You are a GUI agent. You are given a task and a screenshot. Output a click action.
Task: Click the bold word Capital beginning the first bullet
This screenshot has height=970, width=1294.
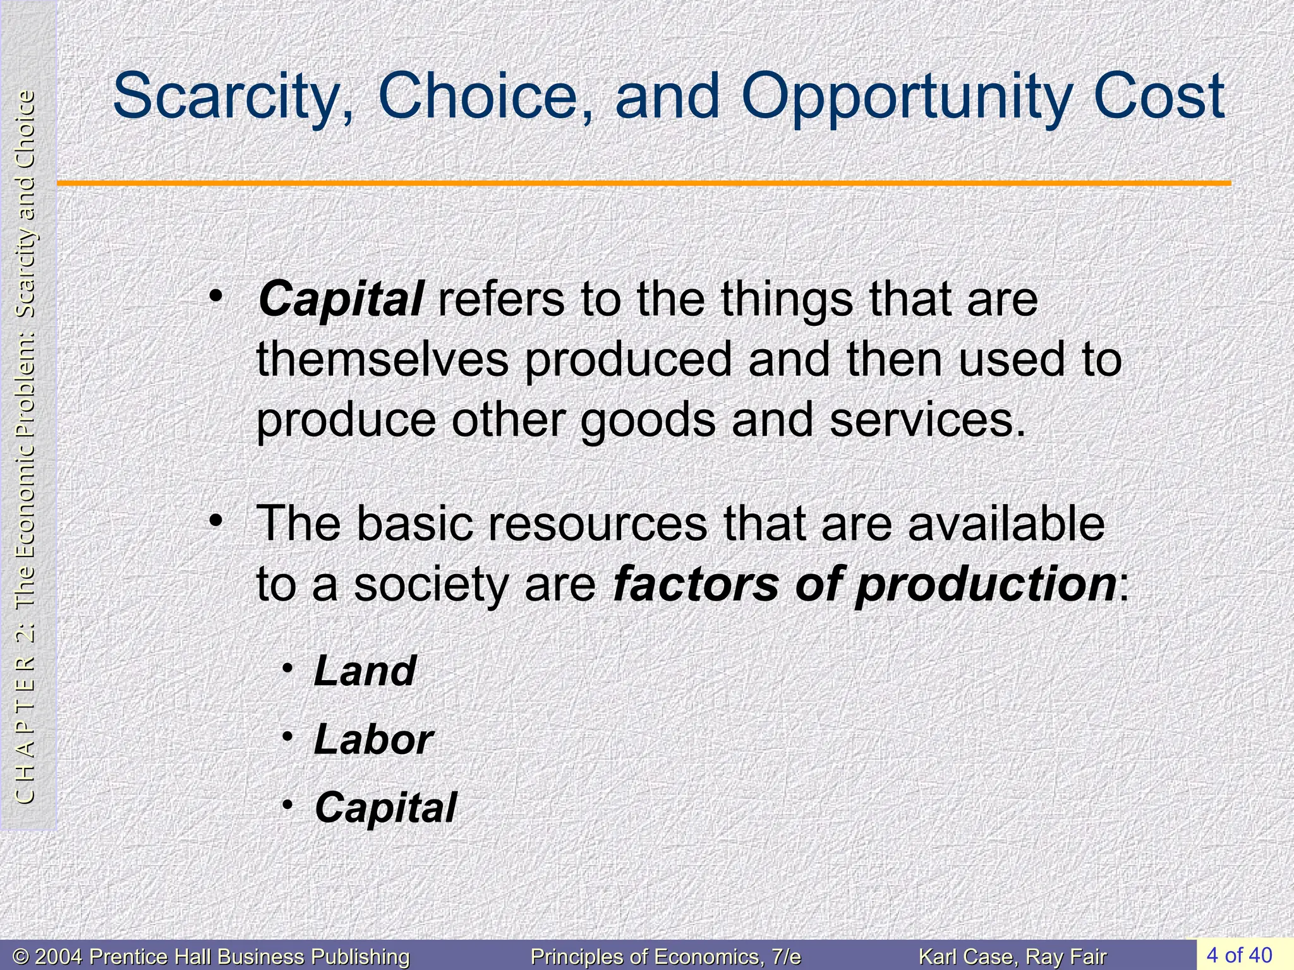coord(341,299)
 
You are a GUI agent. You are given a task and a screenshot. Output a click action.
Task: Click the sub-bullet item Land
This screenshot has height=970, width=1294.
coord(365,671)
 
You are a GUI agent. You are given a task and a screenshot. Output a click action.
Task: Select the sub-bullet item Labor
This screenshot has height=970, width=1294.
coord(373,739)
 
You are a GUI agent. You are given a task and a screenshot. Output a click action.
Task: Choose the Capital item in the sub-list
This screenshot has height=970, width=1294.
coord(385,808)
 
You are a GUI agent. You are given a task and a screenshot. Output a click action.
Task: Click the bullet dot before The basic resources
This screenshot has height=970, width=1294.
coord(216,522)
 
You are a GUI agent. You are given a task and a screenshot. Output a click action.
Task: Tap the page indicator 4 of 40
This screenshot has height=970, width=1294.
coord(1238,954)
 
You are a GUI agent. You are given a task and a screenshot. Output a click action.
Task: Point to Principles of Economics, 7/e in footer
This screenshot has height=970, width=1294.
coord(665,957)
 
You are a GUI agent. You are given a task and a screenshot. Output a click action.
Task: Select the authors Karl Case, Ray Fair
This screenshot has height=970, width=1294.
coord(1012,957)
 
